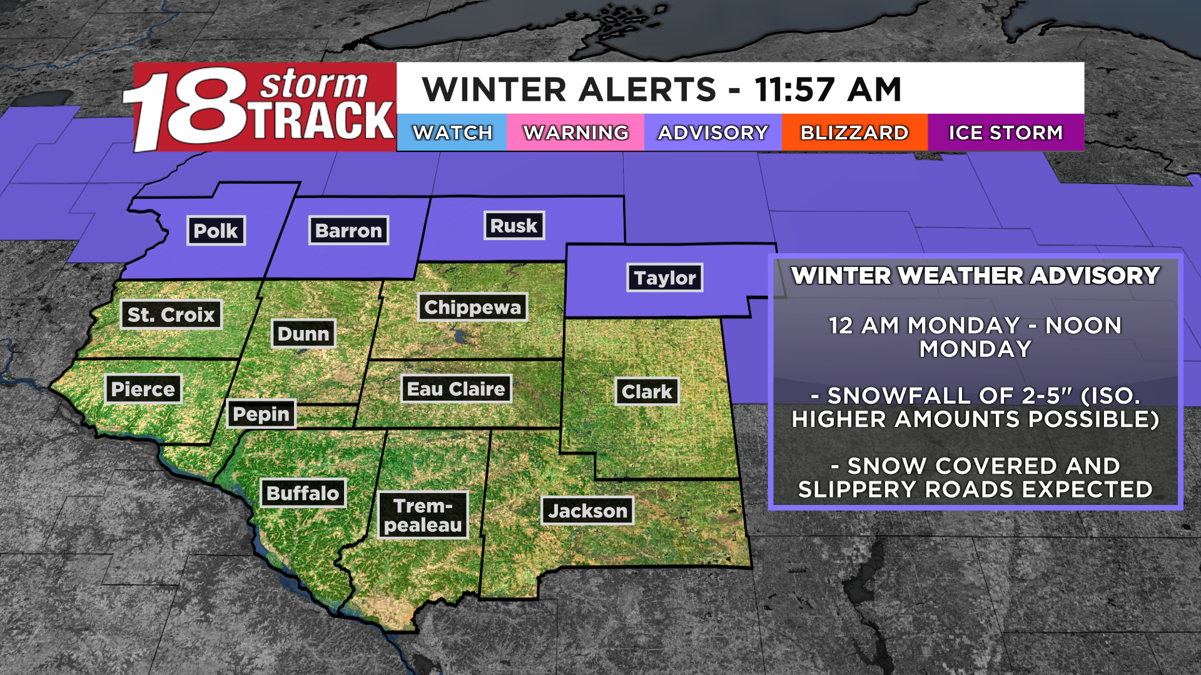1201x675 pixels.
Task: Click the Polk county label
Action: click(216, 231)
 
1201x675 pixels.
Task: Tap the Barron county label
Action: click(348, 231)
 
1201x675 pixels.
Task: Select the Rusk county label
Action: click(514, 226)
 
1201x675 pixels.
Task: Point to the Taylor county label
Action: click(664, 277)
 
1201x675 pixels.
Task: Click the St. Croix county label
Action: click(171, 314)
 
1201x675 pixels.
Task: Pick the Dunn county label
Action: click(303, 334)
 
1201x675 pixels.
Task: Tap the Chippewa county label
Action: click(472, 307)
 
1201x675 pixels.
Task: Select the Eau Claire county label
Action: click(456, 389)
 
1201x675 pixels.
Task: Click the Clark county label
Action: click(647, 392)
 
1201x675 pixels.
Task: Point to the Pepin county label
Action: click(261, 414)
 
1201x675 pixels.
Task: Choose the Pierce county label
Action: click(143, 389)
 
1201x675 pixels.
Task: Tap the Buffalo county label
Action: click(303, 493)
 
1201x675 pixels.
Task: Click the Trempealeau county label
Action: click(423, 515)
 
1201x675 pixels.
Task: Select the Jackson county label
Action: click(587, 511)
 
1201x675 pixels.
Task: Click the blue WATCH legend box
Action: click(452, 132)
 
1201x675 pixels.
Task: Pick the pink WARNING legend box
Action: click(575, 132)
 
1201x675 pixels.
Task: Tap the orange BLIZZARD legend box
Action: click(854, 132)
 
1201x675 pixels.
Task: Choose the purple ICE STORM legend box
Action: click(1005, 132)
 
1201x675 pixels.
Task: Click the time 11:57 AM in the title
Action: click(828, 89)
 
